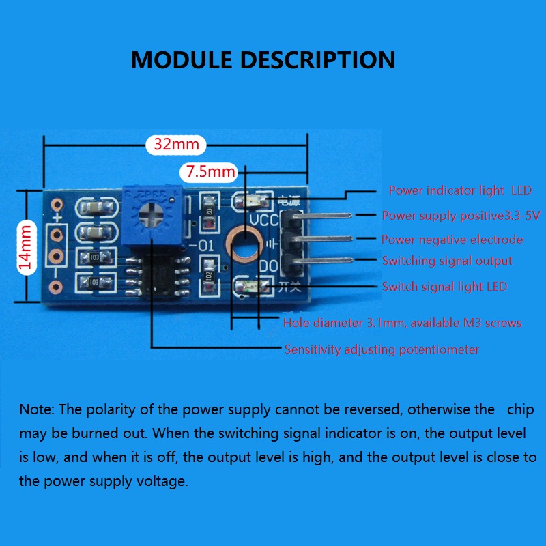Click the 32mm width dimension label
[x=176, y=145]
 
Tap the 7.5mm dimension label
[x=210, y=171]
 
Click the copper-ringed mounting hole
[x=244, y=244]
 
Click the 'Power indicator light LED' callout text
[x=460, y=190]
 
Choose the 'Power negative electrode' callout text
[x=452, y=240]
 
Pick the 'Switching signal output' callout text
[x=447, y=261]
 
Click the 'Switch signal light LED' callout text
[x=444, y=287]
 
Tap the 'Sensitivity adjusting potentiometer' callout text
[x=382, y=349]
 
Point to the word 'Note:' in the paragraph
[x=38, y=409]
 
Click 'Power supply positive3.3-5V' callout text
[x=461, y=216]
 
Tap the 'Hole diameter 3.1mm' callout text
[x=402, y=323]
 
